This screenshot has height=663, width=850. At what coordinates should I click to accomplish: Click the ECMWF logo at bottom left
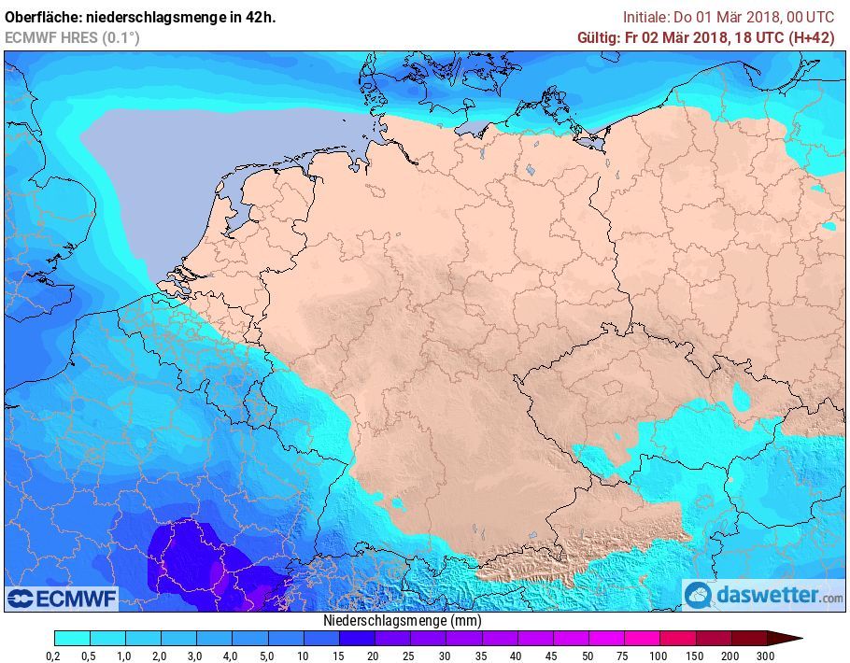tap(62, 598)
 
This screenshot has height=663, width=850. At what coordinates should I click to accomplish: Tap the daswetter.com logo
tap(764, 595)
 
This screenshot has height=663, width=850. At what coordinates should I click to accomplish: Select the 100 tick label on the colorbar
tap(659, 655)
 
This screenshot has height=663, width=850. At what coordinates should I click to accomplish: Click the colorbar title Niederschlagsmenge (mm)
tap(403, 620)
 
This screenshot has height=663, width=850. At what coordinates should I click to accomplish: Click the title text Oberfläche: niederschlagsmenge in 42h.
tap(141, 17)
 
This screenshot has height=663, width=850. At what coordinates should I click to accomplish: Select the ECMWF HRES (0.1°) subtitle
tap(72, 37)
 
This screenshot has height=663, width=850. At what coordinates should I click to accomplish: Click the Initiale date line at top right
tap(729, 17)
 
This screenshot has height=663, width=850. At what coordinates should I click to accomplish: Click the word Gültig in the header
tap(599, 37)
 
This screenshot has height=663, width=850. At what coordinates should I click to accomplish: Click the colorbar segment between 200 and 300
tap(749, 638)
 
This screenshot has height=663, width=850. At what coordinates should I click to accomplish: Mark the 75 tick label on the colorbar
tap(624, 655)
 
